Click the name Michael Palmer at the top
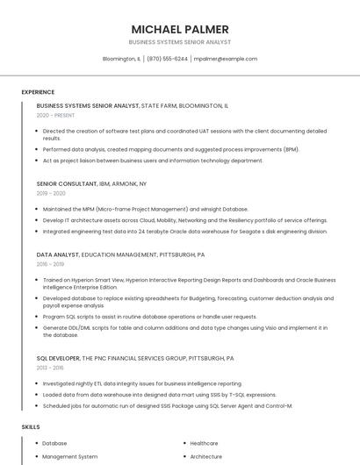point(180,29)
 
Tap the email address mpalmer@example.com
point(226,59)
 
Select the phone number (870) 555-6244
point(168,59)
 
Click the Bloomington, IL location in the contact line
point(121,59)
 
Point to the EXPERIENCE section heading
point(38,92)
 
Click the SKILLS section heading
point(31,427)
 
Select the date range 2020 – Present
point(55,115)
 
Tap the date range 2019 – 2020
point(51,193)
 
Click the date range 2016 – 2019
point(51,263)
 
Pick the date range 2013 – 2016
point(51,368)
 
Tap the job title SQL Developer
point(58,359)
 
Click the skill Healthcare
point(204,443)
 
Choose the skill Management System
point(69,456)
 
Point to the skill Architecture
point(205,456)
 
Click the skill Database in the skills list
point(54,443)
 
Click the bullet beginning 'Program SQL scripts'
point(149,317)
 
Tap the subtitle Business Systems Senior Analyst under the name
point(180,42)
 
